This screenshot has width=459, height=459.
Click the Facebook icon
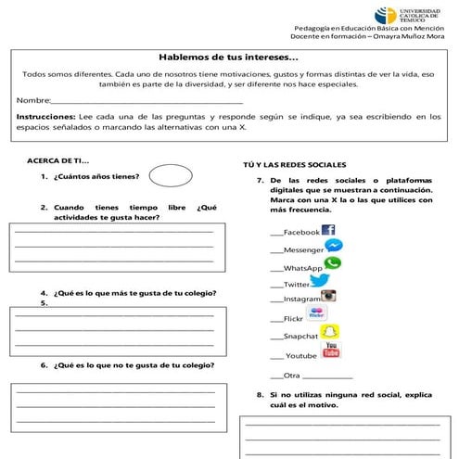[x=327, y=230]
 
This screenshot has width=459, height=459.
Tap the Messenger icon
[x=334, y=247]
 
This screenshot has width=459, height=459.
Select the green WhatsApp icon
[x=332, y=264]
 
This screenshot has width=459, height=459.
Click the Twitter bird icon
[x=316, y=281]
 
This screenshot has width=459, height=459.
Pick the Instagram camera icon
[x=327, y=297]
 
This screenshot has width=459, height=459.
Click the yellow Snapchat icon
[x=328, y=332]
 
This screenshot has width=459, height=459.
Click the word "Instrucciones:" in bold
[x=46, y=116]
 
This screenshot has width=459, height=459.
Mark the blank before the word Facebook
[x=275, y=233]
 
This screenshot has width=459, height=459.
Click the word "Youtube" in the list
[x=300, y=356]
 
